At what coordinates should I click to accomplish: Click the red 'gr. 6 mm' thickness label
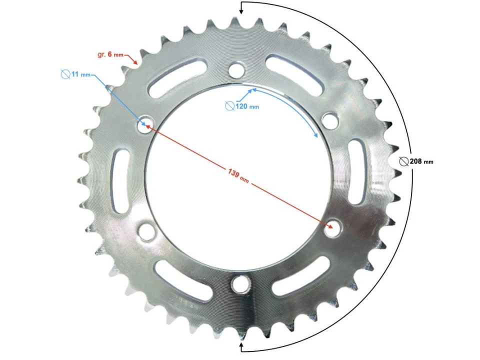coord(110,54)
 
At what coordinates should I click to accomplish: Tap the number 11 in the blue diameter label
coord(75,74)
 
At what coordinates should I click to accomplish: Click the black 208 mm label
coord(421,161)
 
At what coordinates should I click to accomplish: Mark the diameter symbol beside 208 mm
coord(404,161)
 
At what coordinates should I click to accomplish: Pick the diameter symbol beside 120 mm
coord(229,106)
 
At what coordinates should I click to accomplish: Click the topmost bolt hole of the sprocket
coord(237,68)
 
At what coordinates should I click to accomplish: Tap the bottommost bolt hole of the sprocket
coord(240,284)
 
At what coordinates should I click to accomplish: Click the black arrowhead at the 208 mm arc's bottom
coord(241,345)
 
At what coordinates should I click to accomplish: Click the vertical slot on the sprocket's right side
coord(356,171)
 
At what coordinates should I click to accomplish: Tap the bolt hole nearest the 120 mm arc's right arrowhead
coord(329,119)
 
